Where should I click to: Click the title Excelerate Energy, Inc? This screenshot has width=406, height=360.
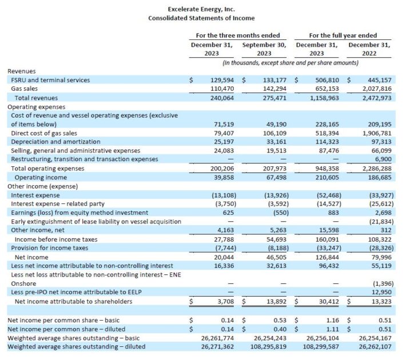[x=202, y=9]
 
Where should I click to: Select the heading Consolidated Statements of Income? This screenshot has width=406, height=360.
[x=202, y=18]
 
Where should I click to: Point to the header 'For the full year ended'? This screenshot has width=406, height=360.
[x=343, y=35]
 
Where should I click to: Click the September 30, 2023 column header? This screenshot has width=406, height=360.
[x=264, y=49]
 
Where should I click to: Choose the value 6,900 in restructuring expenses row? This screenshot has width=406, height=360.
[x=383, y=159]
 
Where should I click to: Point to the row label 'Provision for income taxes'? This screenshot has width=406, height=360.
[x=50, y=247]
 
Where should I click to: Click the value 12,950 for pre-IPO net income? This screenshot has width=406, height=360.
[x=381, y=292]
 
